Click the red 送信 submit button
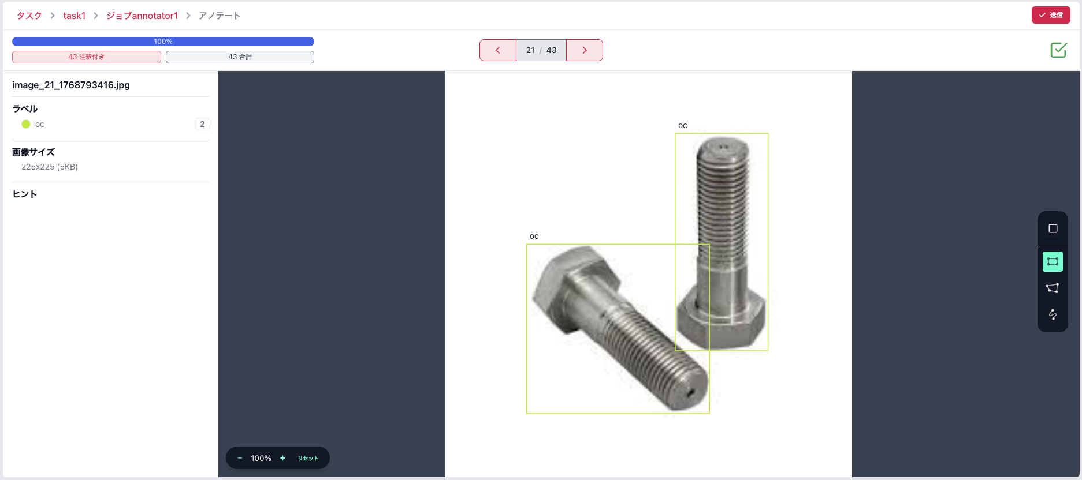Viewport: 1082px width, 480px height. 1051,15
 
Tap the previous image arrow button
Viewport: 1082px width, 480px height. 498,50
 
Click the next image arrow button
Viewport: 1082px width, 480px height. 585,50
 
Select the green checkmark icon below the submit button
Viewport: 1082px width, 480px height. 1058,50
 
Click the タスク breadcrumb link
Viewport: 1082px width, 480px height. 29,16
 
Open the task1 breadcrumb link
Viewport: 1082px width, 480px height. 75,16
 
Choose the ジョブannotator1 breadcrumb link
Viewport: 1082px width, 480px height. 142,16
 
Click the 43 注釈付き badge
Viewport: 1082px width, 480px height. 87,57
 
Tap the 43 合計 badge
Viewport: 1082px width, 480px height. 240,57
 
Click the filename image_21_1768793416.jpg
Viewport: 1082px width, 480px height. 71,85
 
